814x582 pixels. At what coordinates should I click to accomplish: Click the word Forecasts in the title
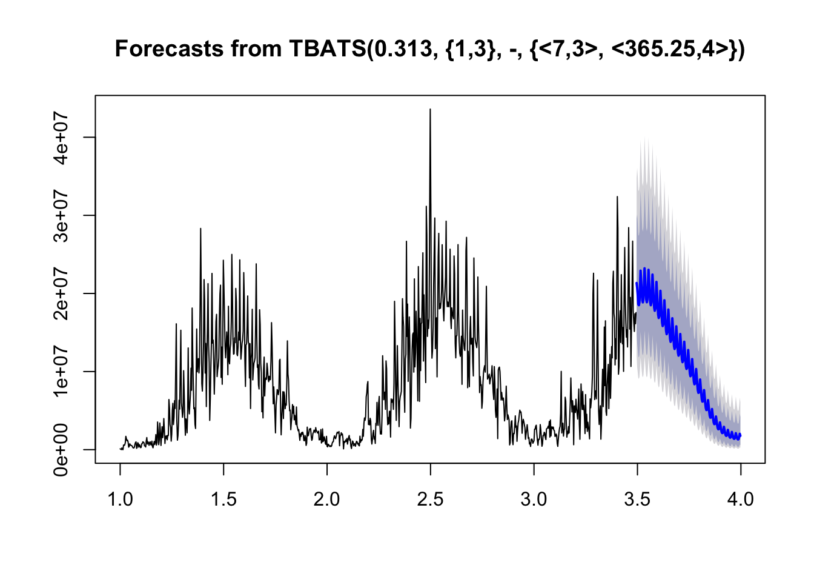168,49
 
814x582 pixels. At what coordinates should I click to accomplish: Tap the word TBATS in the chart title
328,49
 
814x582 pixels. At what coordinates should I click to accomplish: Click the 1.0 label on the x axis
121,500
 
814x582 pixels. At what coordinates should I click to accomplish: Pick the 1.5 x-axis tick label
223,500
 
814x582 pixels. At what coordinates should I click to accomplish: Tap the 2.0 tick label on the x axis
326,500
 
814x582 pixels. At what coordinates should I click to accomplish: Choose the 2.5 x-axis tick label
430,500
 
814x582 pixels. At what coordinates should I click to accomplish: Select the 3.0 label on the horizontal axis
534,500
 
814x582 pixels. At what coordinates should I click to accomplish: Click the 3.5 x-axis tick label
637,500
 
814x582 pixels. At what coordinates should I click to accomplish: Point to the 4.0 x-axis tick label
740,500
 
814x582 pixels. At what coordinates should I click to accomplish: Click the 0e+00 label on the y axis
61,450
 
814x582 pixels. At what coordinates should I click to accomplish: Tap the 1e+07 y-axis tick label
61,372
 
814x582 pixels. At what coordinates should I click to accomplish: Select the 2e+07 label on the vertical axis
61,293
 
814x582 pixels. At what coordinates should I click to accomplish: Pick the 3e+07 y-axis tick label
61,215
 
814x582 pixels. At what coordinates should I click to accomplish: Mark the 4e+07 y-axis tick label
61,137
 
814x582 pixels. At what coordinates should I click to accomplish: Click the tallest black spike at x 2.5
430,109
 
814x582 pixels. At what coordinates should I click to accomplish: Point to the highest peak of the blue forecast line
644,269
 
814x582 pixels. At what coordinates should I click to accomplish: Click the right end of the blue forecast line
740,435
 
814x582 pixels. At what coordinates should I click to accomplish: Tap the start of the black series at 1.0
121,449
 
